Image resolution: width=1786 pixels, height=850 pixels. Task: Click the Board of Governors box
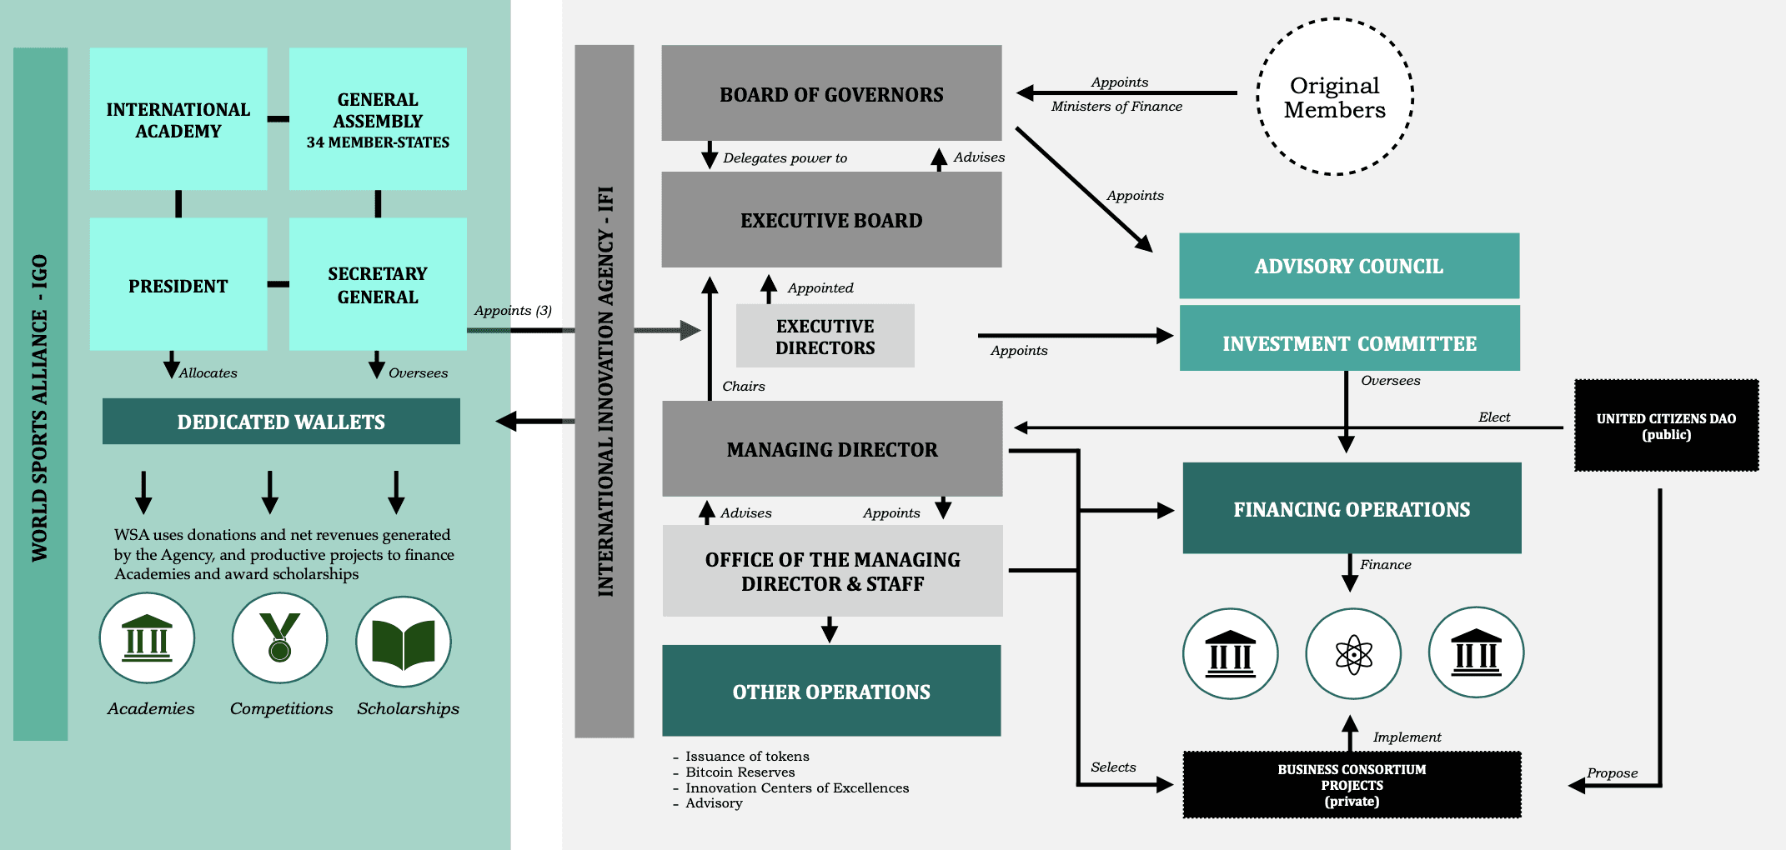(x=831, y=93)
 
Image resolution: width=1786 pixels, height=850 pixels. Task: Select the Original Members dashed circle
(x=1334, y=97)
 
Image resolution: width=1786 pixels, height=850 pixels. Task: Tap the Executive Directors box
(x=825, y=336)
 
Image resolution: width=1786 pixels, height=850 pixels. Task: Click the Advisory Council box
(x=1348, y=266)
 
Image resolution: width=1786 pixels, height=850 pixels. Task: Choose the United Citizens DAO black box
(x=1666, y=426)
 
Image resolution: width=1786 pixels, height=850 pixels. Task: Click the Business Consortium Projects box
(x=1352, y=785)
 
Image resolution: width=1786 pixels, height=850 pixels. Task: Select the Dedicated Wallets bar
(x=281, y=422)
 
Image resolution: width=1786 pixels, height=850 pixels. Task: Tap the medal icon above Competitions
(x=279, y=638)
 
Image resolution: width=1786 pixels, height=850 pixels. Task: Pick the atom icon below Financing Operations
(x=1353, y=654)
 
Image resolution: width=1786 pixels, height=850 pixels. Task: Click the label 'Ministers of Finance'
(x=1116, y=107)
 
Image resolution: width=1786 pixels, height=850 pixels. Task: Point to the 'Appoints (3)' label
(x=513, y=311)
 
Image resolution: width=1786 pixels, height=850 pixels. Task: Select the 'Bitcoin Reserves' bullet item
(x=740, y=772)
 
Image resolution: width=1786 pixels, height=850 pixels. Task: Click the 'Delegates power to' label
(x=785, y=158)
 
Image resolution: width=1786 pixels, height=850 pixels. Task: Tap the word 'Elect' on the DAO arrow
(x=1493, y=417)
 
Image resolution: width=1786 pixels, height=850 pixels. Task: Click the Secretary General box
(x=378, y=285)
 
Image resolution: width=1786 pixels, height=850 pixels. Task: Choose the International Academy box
(x=178, y=120)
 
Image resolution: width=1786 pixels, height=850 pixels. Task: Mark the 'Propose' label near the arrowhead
(x=1612, y=773)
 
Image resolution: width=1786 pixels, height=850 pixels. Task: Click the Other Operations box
(x=831, y=691)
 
